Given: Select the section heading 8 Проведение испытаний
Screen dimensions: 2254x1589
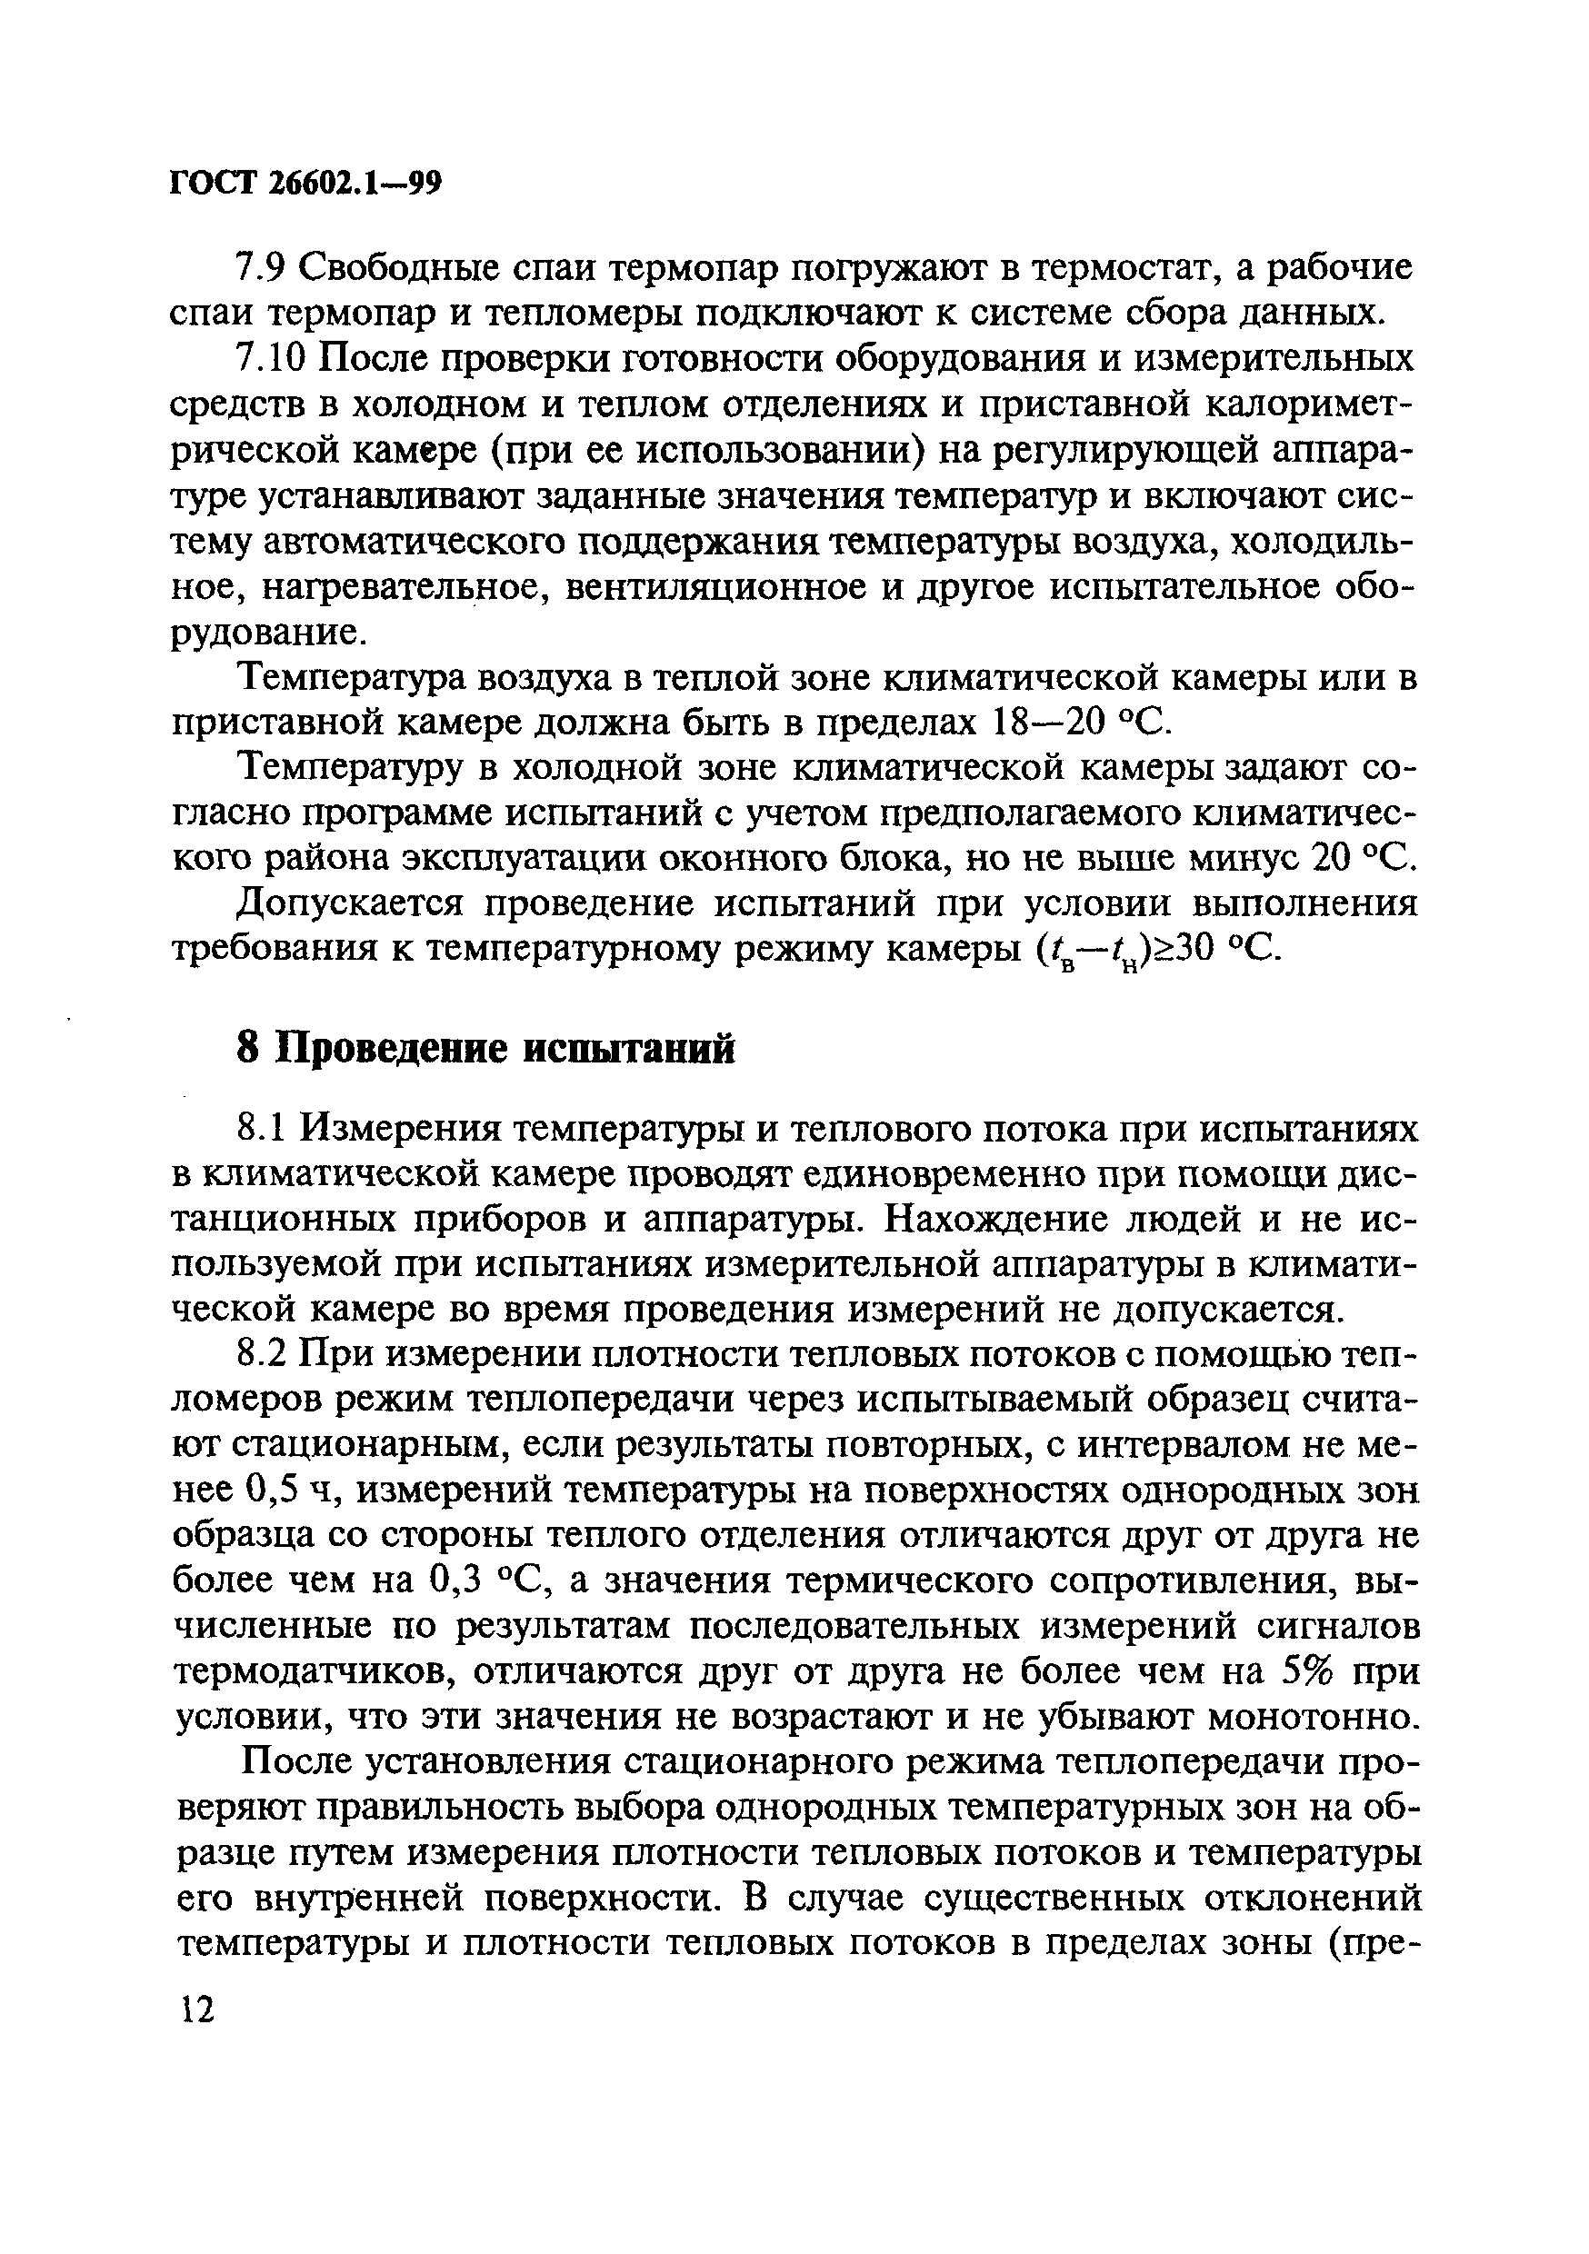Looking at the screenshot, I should point(486,1050).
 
